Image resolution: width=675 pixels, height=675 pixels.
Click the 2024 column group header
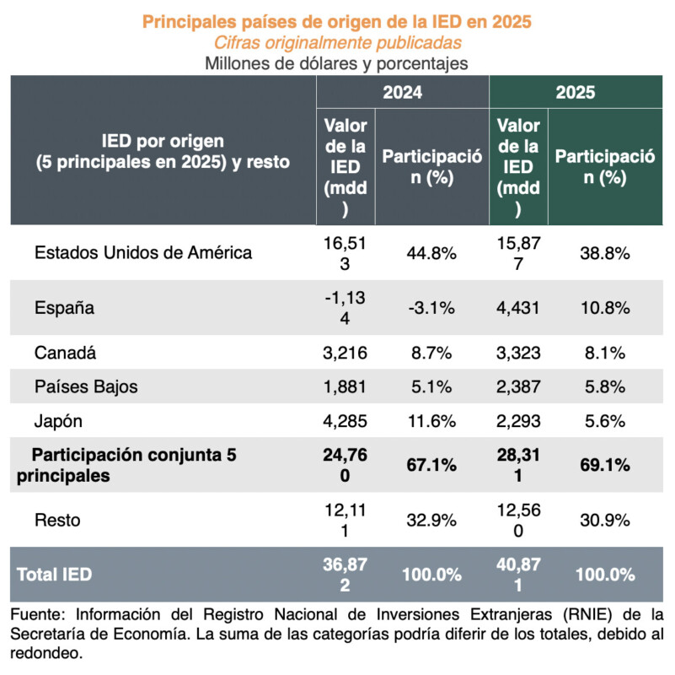pyautogui.click(x=402, y=93)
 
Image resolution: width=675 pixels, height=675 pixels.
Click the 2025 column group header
pyautogui.click(x=575, y=93)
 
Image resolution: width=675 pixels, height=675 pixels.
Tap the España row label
pyautogui.click(x=64, y=307)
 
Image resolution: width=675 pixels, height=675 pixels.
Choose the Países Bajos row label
pyautogui.click(x=86, y=387)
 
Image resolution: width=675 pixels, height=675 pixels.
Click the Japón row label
pyautogui.click(x=59, y=422)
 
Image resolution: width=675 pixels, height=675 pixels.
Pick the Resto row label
pyautogui.click(x=57, y=520)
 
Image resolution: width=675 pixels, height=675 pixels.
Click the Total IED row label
pyautogui.click(x=54, y=575)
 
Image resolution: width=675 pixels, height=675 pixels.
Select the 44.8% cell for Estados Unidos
pyautogui.click(x=431, y=252)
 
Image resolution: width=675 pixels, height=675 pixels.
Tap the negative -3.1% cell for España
pyautogui.click(x=431, y=307)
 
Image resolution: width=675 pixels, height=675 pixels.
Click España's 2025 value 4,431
pyautogui.click(x=518, y=307)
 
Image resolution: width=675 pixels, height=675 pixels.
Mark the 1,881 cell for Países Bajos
pyautogui.click(x=346, y=387)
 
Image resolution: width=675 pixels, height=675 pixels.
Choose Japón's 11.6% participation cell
pyautogui.click(x=431, y=422)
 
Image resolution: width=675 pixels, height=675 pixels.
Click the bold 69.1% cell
pyautogui.click(x=604, y=465)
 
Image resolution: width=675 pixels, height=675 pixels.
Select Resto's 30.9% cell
pyautogui.click(x=604, y=520)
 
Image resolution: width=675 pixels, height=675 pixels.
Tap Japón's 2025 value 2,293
pyautogui.click(x=518, y=422)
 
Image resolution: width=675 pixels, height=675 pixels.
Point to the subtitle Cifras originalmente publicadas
pyautogui.click(x=337, y=42)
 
